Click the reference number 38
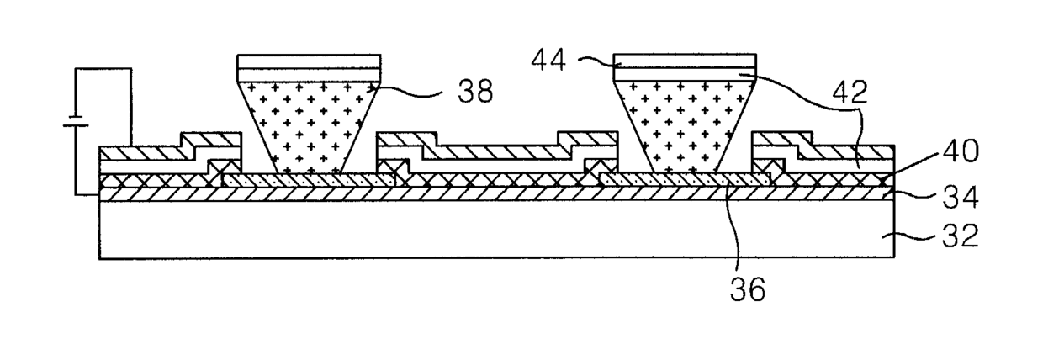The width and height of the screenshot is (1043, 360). (475, 92)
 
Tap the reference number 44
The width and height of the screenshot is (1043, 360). (549, 61)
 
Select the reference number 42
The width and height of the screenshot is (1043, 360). (850, 93)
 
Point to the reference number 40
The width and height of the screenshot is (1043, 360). (960, 151)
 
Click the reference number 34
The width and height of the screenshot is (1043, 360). (961, 197)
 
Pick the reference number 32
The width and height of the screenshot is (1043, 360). (961, 236)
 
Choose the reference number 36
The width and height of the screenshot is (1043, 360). (747, 289)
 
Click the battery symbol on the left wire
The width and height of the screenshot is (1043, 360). (76, 121)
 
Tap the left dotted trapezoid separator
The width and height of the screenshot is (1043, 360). (309, 128)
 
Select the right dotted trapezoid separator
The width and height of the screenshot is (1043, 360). (685, 128)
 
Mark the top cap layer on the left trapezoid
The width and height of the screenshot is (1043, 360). (310, 68)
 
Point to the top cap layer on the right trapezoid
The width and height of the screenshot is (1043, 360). (685, 68)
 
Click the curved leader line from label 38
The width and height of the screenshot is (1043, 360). (409, 94)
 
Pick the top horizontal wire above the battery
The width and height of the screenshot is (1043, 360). (103, 69)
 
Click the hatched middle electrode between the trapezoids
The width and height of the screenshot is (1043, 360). (497, 154)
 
